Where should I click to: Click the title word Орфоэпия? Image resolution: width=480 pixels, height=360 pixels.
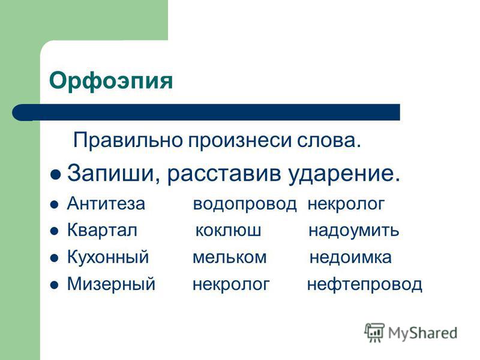coord(111,81)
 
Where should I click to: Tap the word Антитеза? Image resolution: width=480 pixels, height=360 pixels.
coord(106,203)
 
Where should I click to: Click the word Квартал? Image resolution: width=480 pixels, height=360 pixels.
coord(102,230)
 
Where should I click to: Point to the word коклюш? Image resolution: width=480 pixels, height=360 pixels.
coord(228,231)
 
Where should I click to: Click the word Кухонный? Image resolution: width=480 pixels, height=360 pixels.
coord(108,257)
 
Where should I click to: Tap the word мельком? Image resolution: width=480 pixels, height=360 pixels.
coord(229,257)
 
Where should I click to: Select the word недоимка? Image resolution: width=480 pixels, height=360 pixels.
coord(350,257)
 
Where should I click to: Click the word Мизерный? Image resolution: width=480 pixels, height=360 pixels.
coord(111,284)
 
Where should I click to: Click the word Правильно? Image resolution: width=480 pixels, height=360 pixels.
coord(128,140)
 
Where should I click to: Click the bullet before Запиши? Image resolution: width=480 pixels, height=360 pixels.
coord(55,175)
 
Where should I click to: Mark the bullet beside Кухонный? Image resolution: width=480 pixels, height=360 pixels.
coord(54,258)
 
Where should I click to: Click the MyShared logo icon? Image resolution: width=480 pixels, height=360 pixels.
coord(374,332)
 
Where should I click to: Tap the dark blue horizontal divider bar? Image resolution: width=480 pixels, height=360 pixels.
coord(206,112)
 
